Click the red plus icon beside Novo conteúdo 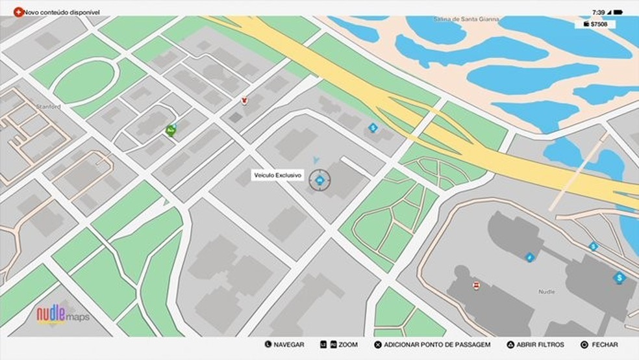tap(18, 11)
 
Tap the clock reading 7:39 tap(598, 12)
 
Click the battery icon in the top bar tap(617, 12)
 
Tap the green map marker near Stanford tap(171, 130)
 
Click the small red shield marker tap(244, 101)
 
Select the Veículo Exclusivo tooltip tap(277, 175)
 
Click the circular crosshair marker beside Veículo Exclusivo tap(319, 179)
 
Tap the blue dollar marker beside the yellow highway tap(373, 127)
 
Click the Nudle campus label tap(546, 292)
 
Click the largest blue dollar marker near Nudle tap(619, 278)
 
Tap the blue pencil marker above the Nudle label tap(529, 257)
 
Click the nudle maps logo tap(62, 315)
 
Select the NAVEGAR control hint tap(284, 344)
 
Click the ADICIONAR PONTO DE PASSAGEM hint tap(432, 344)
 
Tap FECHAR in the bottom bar tap(599, 344)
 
